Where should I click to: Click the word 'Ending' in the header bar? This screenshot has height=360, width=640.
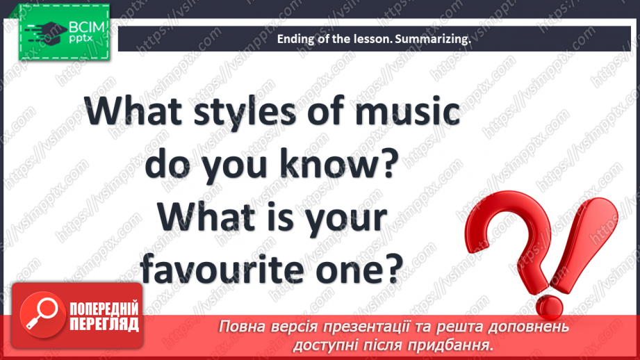294,40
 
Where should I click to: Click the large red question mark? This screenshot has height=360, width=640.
514,230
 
